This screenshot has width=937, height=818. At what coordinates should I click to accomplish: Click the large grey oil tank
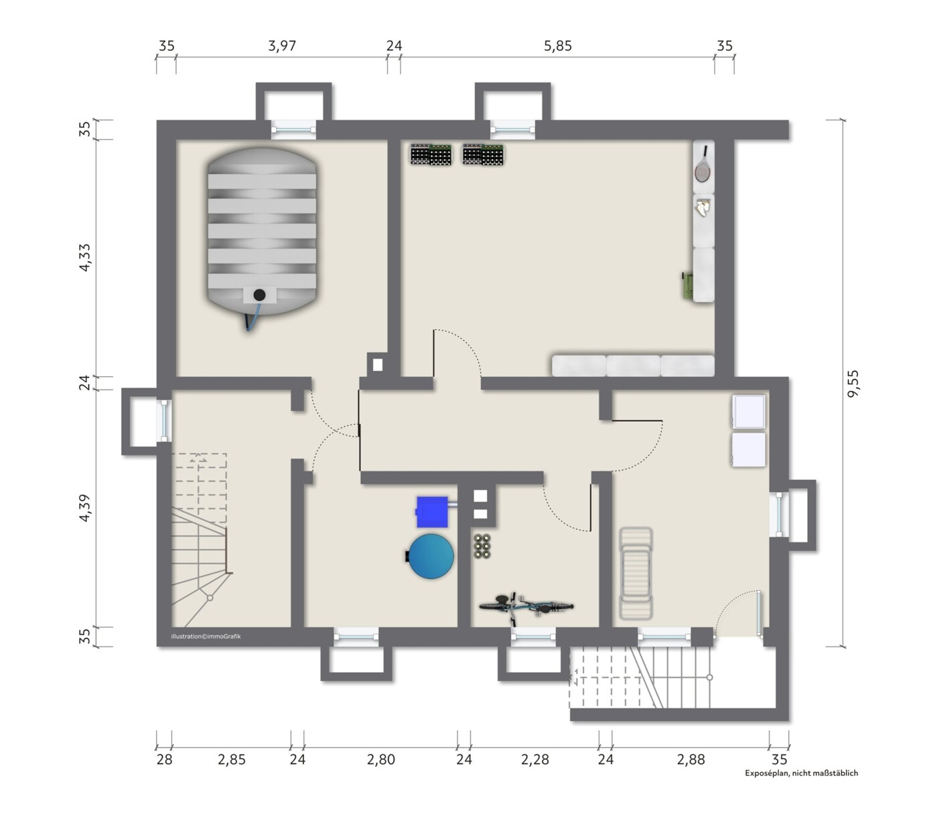261,232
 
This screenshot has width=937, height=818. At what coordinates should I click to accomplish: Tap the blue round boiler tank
431,556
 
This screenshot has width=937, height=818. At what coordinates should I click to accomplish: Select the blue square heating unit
432,512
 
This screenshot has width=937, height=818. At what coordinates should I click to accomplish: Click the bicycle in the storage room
526,606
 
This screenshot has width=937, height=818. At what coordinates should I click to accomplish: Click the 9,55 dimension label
853,384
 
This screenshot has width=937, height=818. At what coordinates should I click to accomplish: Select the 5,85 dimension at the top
558,46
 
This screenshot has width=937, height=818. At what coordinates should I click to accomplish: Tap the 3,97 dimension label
282,46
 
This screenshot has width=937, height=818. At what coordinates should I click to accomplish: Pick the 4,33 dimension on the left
85,257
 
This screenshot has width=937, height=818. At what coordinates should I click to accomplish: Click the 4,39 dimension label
85,507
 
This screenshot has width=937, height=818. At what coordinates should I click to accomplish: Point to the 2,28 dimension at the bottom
535,759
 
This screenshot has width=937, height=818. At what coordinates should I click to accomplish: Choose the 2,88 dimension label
691,759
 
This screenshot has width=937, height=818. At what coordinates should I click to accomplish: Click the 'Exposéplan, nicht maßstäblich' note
802,773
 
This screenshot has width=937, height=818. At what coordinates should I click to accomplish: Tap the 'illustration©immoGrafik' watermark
206,637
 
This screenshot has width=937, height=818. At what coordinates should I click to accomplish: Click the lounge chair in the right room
636,573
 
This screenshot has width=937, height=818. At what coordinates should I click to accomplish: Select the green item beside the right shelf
687,286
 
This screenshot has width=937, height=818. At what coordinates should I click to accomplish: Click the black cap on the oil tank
260,295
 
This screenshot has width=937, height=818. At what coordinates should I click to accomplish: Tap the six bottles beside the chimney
482,546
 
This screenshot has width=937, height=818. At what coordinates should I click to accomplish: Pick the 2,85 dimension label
232,759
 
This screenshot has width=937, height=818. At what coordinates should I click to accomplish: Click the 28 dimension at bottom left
164,759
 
